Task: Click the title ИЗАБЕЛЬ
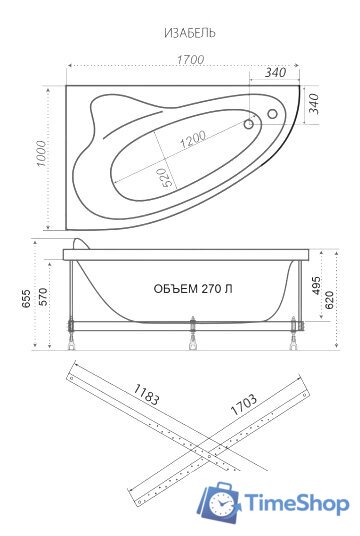(x=190, y=33)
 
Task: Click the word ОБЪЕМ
(x=175, y=288)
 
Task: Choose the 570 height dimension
(x=43, y=297)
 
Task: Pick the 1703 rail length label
(x=243, y=405)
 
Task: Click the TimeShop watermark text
(x=297, y=501)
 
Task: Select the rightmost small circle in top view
(x=270, y=115)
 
